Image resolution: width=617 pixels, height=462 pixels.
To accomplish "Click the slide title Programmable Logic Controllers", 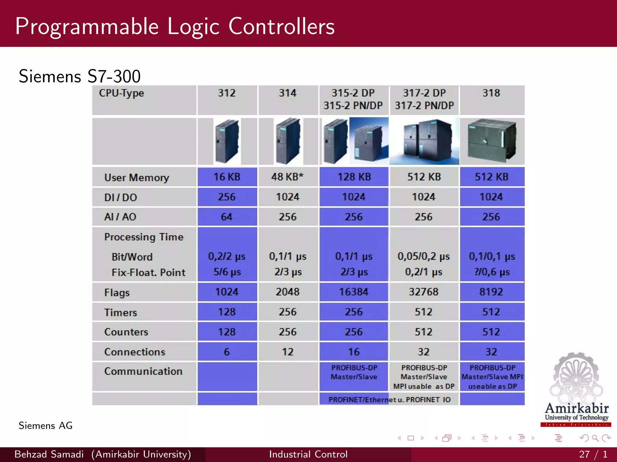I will click(x=175, y=26).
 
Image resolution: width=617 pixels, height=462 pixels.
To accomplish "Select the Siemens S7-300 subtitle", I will click(x=80, y=76).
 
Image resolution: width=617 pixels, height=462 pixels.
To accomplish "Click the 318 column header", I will click(x=491, y=93).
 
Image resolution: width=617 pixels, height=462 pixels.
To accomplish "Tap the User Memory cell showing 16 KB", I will click(x=227, y=177).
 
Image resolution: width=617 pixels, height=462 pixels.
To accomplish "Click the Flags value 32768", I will click(x=424, y=292).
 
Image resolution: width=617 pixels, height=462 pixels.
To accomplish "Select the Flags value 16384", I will click(x=354, y=292).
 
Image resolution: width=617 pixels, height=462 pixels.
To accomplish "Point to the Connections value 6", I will click(x=227, y=352).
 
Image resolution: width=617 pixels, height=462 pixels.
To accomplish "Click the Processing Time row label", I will click(x=144, y=237).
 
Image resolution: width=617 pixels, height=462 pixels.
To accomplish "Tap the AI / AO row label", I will click(x=120, y=217).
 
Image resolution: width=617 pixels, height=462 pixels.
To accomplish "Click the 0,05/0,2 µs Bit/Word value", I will click(x=424, y=256).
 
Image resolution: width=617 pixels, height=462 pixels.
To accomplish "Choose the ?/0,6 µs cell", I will click(x=492, y=272).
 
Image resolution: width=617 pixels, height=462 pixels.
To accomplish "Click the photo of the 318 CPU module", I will click(x=492, y=141).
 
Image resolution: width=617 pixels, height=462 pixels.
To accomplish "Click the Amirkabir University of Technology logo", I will click(x=576, y=391).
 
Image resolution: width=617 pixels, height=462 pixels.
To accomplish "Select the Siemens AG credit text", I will click(x=45, y=426).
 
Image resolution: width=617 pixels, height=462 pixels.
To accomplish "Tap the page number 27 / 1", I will click(x=593, y=454).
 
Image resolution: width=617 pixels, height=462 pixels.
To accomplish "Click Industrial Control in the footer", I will click(x=308, y=454).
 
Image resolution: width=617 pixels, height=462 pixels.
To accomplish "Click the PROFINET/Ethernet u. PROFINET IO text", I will click(x=389, y=400).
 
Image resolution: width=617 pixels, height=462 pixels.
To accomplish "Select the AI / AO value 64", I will click(x=227, y=217).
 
